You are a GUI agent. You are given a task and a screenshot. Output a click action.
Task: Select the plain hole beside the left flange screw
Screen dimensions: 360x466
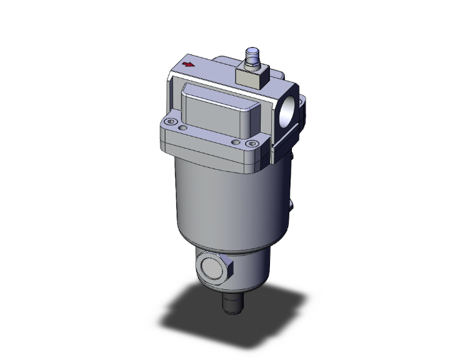pos(182,128)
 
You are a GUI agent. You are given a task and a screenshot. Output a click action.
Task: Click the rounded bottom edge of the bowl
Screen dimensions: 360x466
pos(225,247)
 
